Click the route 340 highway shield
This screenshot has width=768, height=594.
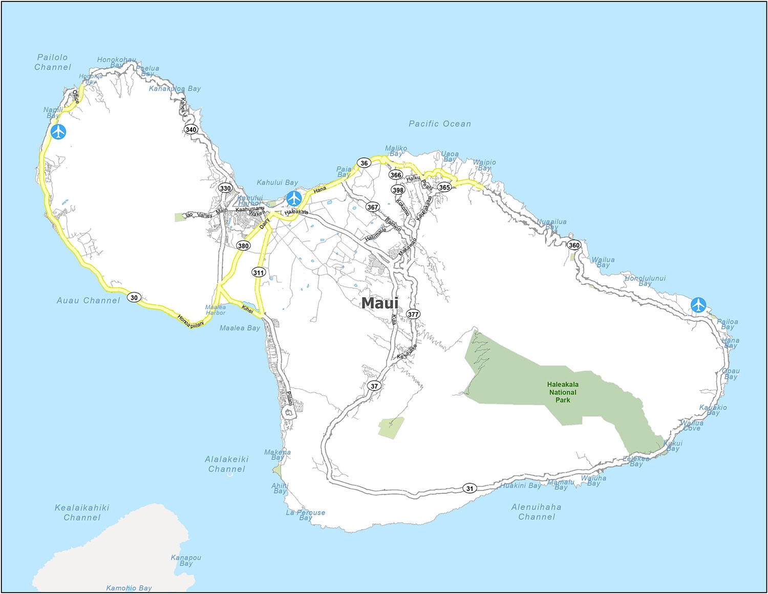click(x=191, y=130)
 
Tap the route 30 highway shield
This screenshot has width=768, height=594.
click(x=134, y=297)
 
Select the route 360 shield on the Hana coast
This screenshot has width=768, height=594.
click(x=574, y=245)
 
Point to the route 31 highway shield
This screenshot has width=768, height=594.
click(x=470, y=488)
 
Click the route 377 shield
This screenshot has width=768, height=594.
click(x=413, y=314)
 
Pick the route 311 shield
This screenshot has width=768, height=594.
click(x=259, y=273)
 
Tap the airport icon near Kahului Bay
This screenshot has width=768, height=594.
click(x=293, y=197)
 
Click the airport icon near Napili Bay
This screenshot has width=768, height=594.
click(x=59, y=132)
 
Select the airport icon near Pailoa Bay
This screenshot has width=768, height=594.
click(x=698, y=304)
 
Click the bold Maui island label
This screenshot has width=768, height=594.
click(x=379, y=303)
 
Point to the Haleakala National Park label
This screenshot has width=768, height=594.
click(x=563, y=392)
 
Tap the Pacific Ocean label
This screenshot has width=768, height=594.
click(x=439, y=124)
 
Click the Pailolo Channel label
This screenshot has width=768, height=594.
click(x=52, y=62)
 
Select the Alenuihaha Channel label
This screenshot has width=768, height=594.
click(x=536, y=511)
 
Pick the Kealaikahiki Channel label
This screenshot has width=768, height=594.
click(x=82, y=513)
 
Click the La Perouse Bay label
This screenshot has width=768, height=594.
click(x=305, y=515)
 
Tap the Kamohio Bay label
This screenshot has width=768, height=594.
click(x=129, y=588)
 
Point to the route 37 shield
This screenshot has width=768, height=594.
click(x=375, y=386)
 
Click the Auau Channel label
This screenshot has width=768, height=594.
click(x=88, y=300)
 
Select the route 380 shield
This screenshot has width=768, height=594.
click(x=243, y=246)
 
